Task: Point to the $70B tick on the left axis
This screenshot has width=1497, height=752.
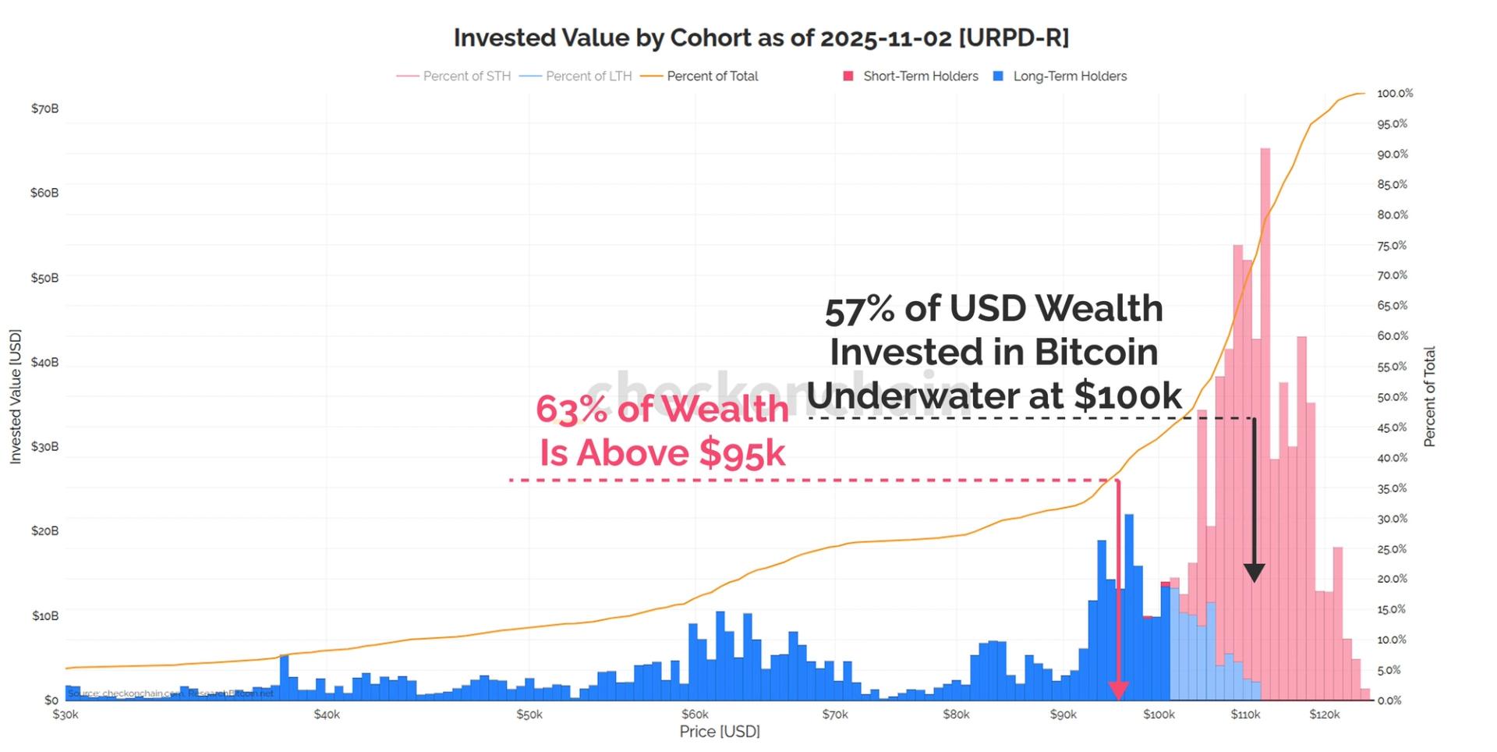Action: tap(44, 108)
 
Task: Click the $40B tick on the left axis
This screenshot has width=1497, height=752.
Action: tap(44, 362)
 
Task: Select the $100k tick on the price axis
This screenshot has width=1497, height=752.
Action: tap(1159, 715)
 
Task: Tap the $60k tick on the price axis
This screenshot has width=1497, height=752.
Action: tap(695, 715)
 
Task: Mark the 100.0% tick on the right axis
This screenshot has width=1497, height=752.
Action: tap(1395, 94)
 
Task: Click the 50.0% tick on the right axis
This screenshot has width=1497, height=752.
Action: tap(1393, 397)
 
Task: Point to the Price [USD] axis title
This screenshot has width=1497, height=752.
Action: tap(719, 732)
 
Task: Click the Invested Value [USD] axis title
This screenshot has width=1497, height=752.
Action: tap(16, 396)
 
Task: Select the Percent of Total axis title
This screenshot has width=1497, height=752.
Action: tap(1429, 396)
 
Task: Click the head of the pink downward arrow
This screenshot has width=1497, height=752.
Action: tap(1118, 690)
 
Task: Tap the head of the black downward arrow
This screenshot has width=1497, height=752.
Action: tap(1254, 573)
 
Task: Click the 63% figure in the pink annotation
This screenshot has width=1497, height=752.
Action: tap(570, 410)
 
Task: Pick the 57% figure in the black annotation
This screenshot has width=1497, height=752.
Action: tap(859, 310)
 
